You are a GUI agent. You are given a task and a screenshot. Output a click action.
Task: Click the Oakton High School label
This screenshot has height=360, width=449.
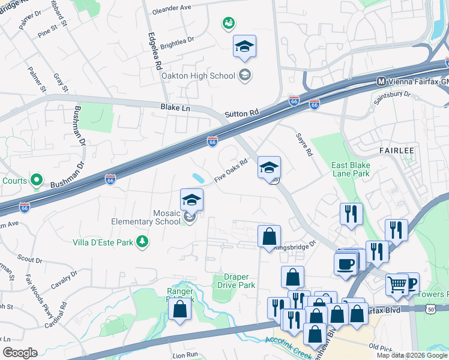(197, 75)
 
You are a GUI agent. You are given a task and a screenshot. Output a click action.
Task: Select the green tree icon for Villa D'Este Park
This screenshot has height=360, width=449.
(143, 241)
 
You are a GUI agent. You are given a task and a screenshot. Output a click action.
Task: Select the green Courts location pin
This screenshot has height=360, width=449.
(37, 179)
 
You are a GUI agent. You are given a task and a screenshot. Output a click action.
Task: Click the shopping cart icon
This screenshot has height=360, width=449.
(397, 286)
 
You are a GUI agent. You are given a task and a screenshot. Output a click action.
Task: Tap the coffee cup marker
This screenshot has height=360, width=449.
(345, 265)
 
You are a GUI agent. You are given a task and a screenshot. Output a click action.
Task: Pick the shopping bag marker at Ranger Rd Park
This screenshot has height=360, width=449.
(179, 309)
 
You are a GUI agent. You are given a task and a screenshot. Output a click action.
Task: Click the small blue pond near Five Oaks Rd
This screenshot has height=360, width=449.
(198, 178)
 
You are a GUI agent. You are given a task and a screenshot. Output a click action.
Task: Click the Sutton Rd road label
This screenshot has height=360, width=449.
(241, 113)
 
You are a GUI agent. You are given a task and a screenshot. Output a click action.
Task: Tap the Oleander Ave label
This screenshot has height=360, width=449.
(172, 8)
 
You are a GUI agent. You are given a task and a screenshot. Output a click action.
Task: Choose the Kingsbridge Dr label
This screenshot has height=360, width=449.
(295, 246)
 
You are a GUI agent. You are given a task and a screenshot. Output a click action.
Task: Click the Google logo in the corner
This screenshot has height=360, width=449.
(20, 353)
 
